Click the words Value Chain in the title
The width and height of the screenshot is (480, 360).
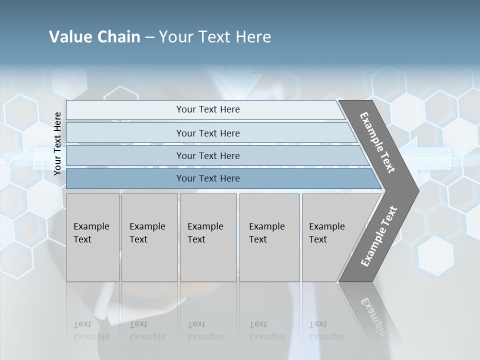[94, 36]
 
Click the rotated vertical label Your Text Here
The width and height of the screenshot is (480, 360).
[57, 143]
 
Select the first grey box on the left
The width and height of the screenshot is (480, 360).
[92, 237]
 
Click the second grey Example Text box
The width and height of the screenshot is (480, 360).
[149, 237]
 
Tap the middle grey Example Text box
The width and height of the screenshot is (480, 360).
[208, 237]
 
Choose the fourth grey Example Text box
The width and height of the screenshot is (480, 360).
[269, 237]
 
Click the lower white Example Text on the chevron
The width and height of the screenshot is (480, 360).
[379, 236]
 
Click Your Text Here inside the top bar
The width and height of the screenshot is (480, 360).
[208, 109]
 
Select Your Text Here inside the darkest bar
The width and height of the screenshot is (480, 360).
[208, 178]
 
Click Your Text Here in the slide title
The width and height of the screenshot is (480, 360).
[215, 36]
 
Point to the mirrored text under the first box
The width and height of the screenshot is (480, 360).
[91, 331]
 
